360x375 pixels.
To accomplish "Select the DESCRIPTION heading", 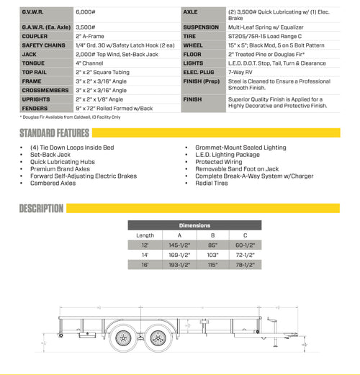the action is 42,209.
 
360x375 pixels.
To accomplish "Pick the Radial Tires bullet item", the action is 212,183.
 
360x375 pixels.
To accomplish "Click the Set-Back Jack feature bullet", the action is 51,155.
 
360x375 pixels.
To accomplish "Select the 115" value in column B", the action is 212,265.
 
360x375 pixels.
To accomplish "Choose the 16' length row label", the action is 144,265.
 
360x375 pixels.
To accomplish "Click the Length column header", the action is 145,235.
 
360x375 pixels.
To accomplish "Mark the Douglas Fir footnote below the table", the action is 71,116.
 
